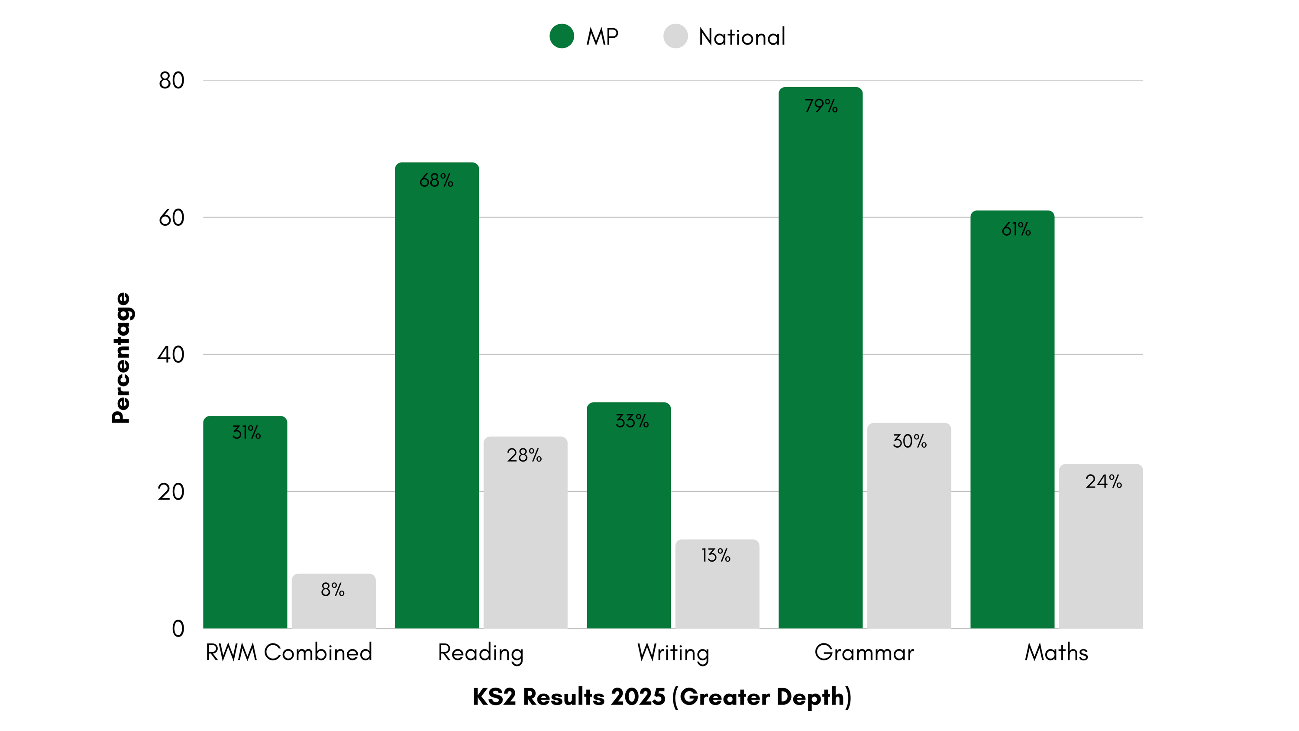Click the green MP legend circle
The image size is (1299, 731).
coord(562,36)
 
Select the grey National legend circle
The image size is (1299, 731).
coord(675,36)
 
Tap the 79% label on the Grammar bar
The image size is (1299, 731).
coord(821,106)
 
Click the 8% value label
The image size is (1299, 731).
coord(333,589)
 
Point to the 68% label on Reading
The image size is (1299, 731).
coord(436,181)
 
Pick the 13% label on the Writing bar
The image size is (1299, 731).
coord(716,556)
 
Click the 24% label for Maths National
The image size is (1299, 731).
coord(1104,482)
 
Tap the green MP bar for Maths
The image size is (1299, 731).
coord(1012,429)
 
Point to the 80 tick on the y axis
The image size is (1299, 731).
coord(171,81)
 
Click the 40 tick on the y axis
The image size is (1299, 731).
coord(171,354)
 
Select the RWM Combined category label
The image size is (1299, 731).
coord(289,652)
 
